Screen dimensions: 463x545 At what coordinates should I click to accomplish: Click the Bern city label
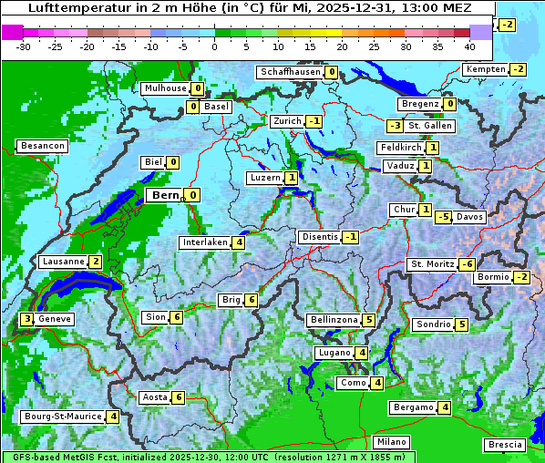pyautogui.click(x=165, y=195)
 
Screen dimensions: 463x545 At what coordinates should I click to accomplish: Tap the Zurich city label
pyautogui.click(x=287, y=121)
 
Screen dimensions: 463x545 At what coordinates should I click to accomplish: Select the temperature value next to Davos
pyautogui.click(x=443, y=217)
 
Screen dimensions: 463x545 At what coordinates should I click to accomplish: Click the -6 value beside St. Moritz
pyautogui.click(x=467, y=264)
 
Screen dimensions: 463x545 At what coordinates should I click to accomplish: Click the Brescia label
pyautogui.click(x=505, y=445)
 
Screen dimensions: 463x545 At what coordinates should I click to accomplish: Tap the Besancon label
pyautogui.click(x=42, y=146)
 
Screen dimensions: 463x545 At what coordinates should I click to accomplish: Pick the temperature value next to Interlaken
pyautogui.click(x=238, y=242)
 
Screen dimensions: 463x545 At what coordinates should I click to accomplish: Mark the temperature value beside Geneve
pyautogui.click(x=27, y=319)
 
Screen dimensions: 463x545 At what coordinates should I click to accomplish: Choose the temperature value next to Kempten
pyautogui.click(x=518, y=69)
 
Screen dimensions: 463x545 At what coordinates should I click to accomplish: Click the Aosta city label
pyautogui.click(x=154, y=397)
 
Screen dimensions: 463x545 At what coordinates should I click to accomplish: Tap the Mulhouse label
pyautogui.click(x=164, y=88)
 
